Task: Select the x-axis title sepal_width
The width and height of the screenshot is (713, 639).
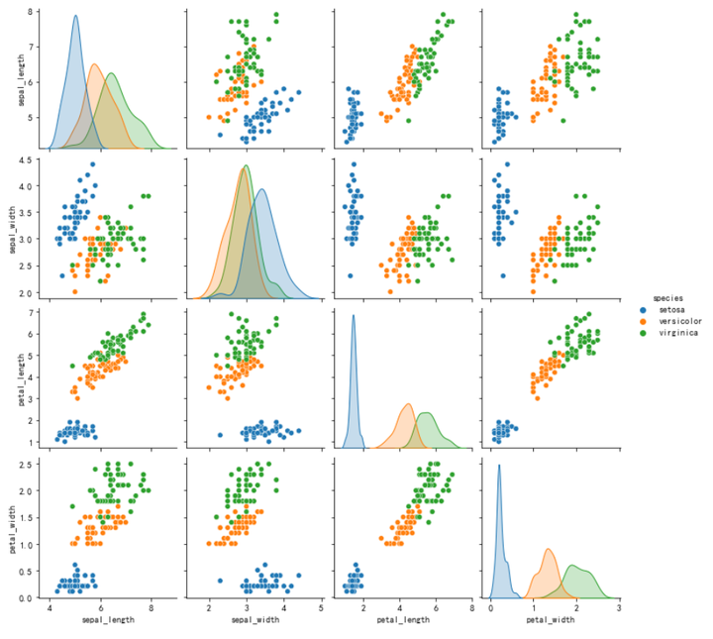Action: (x=255, y=620)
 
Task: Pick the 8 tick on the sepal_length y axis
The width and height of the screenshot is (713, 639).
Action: (x=32, y=12)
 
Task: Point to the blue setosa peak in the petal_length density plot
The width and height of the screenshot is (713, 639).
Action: (x=354, y=315)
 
